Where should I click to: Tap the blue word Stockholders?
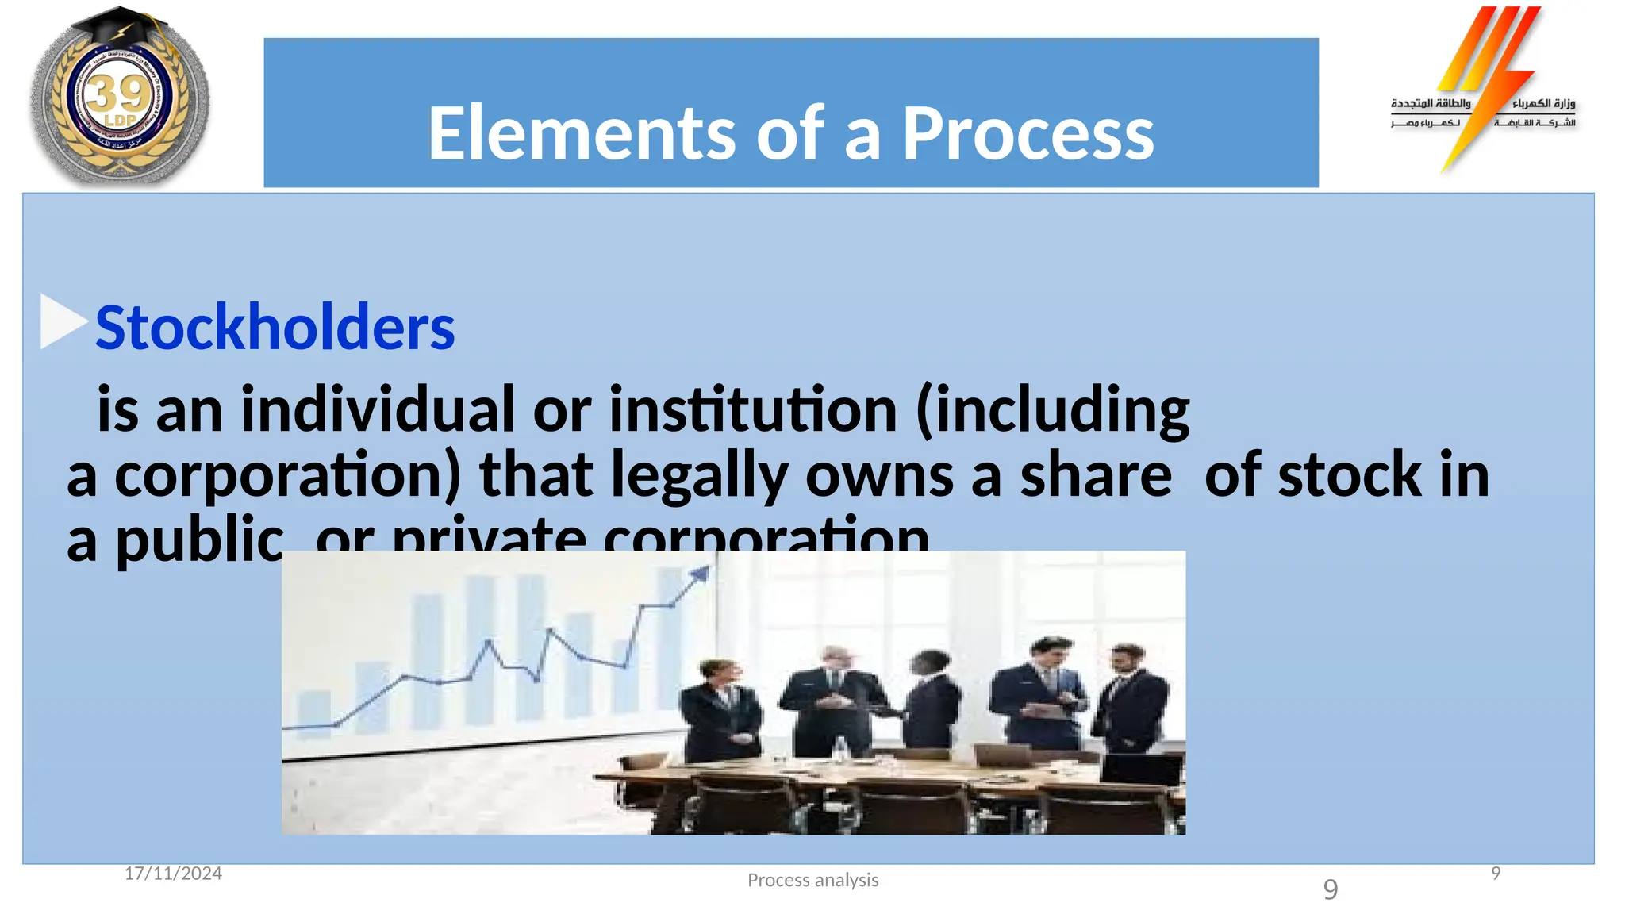click(x=275, y=327)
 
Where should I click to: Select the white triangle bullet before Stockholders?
click(x=62, y=321)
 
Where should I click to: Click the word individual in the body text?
click(x=378, y=409)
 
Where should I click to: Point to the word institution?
click(x=752, y=409)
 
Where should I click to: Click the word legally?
click(x=699, y=475)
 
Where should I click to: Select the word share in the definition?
click(x=1095, y=475)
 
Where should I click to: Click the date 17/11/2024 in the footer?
click(x=173, y=874)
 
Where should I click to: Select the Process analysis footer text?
click(x=812, y=880)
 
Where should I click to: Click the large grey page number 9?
click(x=1331, y=889)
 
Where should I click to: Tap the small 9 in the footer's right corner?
click(x=1496, y=874)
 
